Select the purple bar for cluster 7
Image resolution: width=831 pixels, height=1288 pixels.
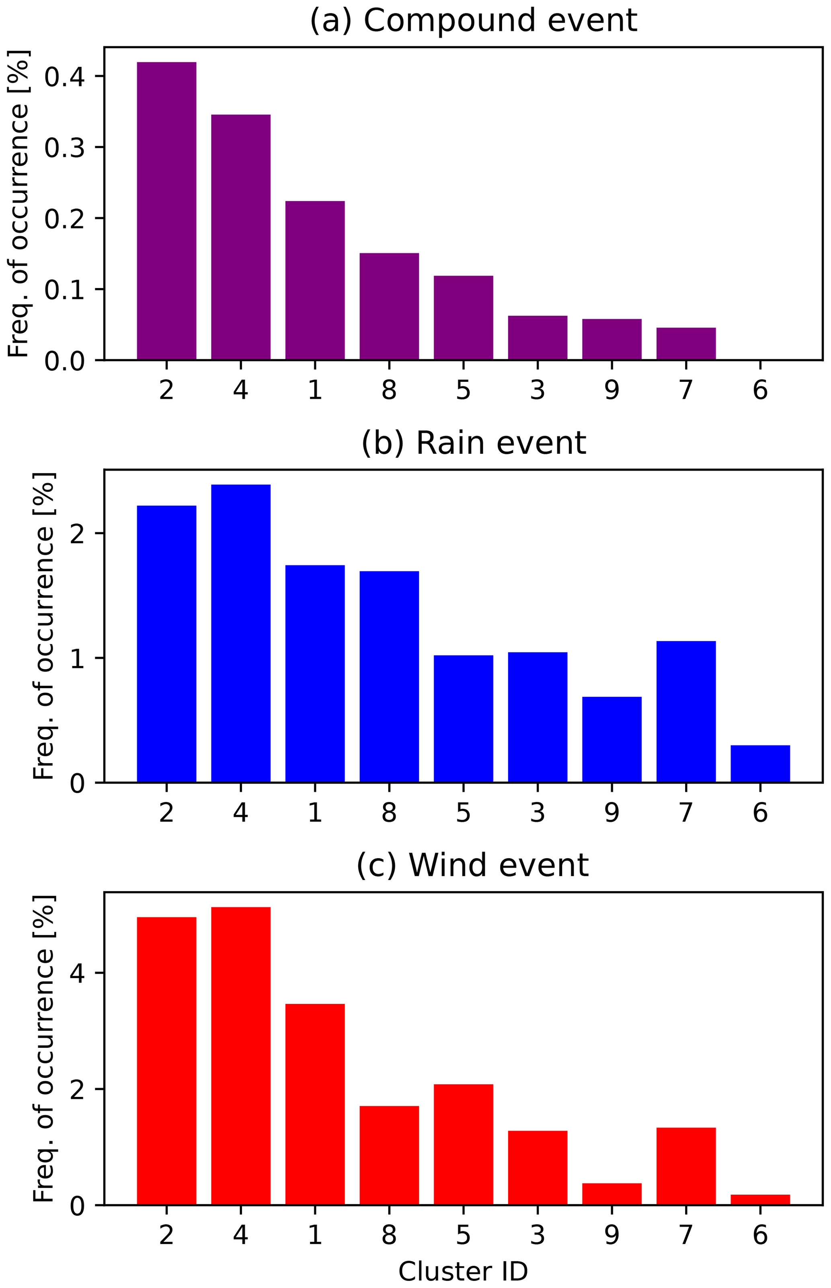tap(686, 344)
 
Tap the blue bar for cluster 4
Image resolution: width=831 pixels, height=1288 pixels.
tap(241, 633)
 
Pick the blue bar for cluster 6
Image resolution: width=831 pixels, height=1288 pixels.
tap(760, 764)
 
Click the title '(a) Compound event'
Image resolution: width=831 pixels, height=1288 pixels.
tap(473, 21)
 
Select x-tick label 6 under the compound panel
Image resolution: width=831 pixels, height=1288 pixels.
tap(760, 390)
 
